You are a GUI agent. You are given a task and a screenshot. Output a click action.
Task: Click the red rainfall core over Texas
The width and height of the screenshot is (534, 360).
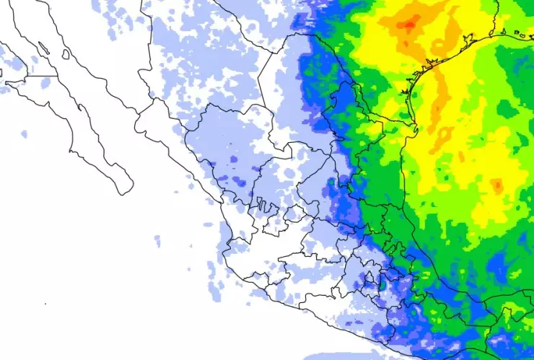click(408, 25)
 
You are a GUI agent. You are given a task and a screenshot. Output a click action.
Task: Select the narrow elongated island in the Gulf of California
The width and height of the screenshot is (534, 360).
click(43, 48)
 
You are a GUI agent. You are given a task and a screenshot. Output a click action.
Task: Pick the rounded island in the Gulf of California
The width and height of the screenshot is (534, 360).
click(66, 54)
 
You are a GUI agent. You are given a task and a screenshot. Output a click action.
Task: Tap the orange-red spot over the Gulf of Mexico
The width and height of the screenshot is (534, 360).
click(497, 186)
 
